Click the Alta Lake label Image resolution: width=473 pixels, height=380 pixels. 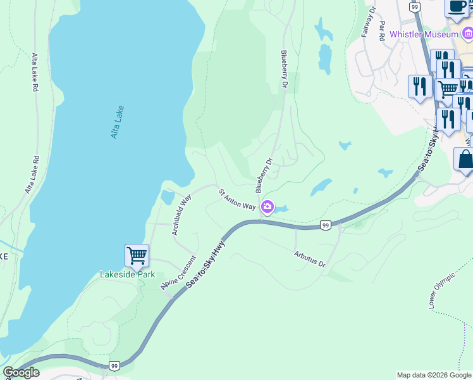point(116,122)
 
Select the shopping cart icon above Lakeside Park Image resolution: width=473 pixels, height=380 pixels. point(137,256)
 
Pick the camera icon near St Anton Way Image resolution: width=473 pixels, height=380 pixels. point(267,206)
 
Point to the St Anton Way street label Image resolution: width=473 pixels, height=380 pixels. point(237,198)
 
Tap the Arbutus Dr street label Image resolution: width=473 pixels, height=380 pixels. point(309,258)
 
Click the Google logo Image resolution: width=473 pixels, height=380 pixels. point(21,372)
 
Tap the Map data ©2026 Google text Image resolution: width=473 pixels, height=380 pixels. point(434,375)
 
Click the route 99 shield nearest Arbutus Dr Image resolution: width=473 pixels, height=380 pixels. point(325,225)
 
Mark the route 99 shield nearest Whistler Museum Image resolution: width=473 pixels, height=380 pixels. point(414,6)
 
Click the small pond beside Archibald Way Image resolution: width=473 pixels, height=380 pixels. point(167,197)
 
